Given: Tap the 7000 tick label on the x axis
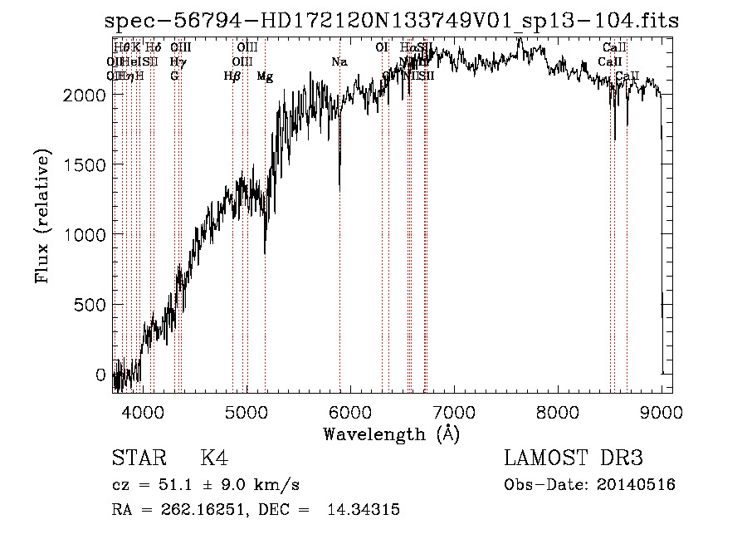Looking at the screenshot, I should tap(453, 409).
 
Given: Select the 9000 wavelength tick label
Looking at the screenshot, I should tap(661, 409).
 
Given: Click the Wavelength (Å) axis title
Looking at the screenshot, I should tap(391, 434).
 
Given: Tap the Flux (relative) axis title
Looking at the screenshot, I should tap(42, 218).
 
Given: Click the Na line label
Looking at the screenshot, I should tap(339, 61).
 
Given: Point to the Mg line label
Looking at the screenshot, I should tap(265, 76).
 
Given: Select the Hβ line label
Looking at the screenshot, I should tap(232, 76).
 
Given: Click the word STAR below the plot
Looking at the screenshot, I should tap(139, 458).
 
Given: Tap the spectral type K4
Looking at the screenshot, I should tap(214, 458).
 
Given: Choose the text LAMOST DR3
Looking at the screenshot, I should tap(574, 458).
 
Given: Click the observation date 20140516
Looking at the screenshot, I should tap(637, 485).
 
